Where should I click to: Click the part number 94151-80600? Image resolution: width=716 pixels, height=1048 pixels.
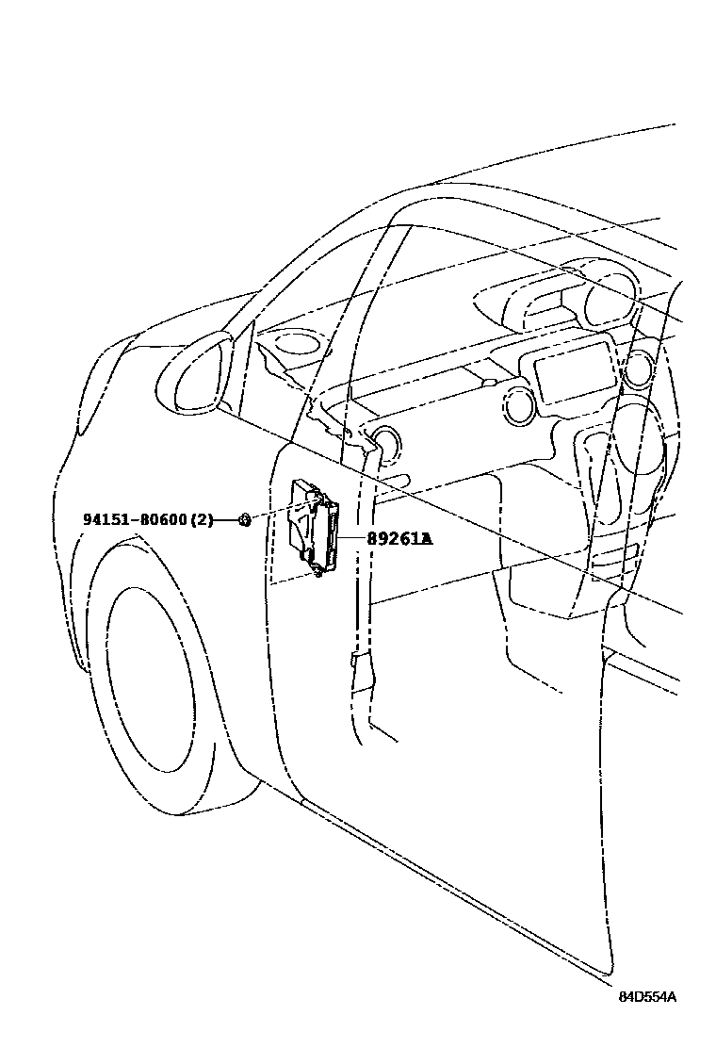tap(136, 519)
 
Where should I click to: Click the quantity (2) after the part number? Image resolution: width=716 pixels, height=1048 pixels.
tap(203, 519)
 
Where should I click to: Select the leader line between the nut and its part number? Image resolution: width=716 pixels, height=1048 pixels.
tap(226, 519)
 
